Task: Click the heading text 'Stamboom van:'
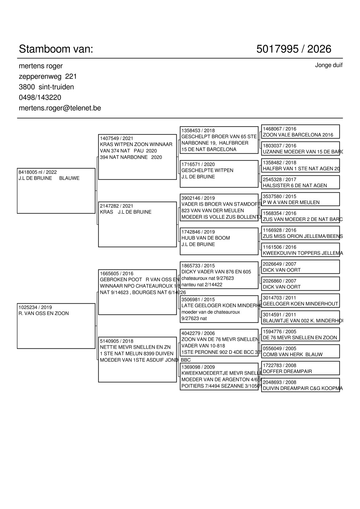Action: pos(56,49)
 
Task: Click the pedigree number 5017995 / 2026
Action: pos(294,49)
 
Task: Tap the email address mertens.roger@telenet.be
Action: pos(60,108)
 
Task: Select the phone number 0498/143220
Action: pos(40,97)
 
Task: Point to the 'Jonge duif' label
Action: pos(329,65)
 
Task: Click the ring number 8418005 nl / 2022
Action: pos(38,172)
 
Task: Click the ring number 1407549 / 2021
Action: pos(116,138)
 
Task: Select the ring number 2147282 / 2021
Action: pos(116,206)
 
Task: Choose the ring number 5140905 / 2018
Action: pos(116,341)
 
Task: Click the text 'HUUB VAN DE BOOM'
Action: pos(206,238)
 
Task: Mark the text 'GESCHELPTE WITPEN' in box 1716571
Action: pos(207,171)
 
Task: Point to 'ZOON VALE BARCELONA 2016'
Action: pos(298,135)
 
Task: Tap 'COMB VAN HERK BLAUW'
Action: pos(293,354)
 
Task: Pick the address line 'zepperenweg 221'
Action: pos(48,77)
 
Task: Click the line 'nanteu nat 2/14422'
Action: pos(202,285)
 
